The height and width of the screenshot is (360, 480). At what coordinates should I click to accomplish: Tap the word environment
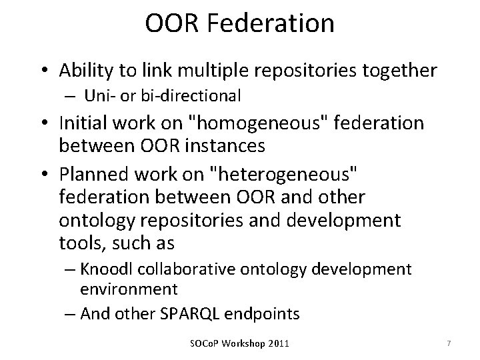click(128, 289)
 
